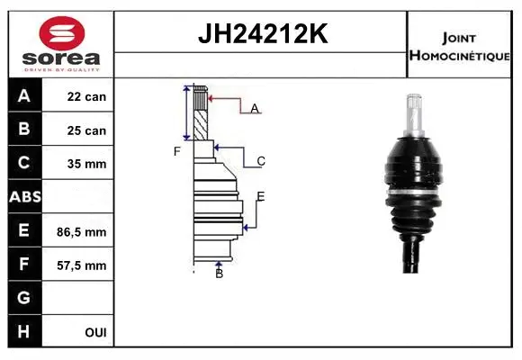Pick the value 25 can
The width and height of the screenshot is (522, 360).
coord(86,130)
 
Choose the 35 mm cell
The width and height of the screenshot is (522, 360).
coord(86,164)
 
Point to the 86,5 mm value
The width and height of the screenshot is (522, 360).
coord(86,231)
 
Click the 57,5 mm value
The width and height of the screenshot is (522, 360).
coord(86,265)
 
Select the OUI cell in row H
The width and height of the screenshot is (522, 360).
coord(95,332)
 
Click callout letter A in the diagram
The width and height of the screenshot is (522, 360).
coord(255,109)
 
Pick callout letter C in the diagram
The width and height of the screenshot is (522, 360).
coord(260,162)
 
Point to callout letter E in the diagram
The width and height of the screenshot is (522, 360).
coord(260,196)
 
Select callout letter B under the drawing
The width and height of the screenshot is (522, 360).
coord(219,274)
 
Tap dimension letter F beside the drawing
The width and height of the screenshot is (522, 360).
coord(177,151)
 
